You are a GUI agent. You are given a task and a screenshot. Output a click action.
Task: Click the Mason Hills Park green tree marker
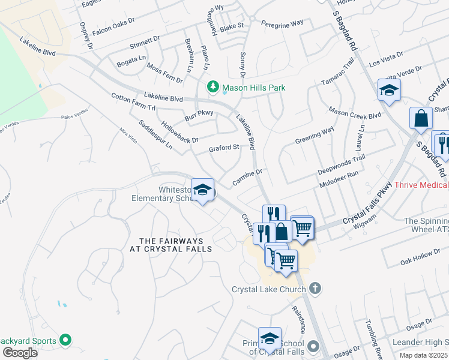pos(212,88)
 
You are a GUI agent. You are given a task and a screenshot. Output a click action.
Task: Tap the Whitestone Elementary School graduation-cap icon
pos(203,190)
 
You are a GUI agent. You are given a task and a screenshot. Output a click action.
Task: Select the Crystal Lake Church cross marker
pos(316,289)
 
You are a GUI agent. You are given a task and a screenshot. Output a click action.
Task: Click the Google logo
pos(20,352)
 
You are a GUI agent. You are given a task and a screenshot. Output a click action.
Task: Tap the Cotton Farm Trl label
pos(133,101)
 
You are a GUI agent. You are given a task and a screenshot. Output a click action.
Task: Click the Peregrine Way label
pos(282,24)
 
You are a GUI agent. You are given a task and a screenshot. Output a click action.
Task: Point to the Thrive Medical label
pos(421,185)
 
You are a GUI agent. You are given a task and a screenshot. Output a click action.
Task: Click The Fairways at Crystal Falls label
pos(163,244)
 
